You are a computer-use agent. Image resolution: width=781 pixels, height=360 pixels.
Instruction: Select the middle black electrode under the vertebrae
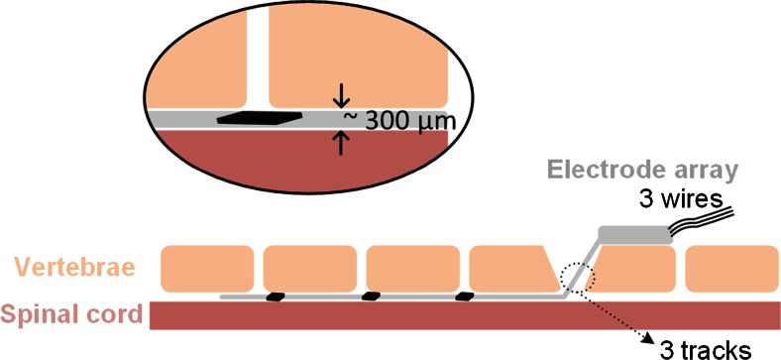point(370,296)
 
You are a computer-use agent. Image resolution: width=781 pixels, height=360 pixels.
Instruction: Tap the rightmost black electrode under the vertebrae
point(465,296)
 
